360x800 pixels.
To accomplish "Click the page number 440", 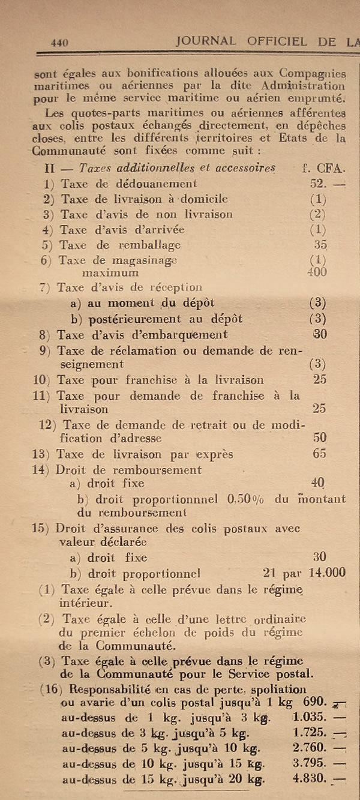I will [x=59, y=42].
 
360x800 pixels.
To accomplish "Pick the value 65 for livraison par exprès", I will [x=319, y=454].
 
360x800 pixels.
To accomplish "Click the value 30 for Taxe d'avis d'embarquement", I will [x=320, y=334].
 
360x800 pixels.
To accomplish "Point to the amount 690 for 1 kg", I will [x=315, y=701].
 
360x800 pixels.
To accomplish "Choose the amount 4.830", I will [x=310, y=779].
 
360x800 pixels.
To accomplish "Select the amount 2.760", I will [x=310, y=748].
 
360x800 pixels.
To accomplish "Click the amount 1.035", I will [x=310, y=717].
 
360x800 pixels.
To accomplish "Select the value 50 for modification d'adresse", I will [x=319, y=438].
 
